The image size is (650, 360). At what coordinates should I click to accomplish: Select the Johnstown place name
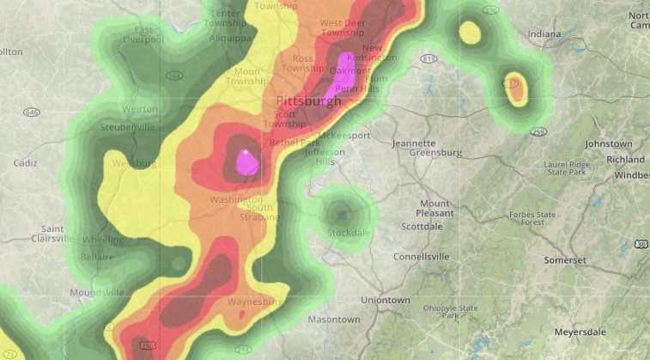(x=608, y=143)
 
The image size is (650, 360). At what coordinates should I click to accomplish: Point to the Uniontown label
(x=386, y=301)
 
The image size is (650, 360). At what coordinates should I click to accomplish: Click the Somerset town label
(x=565, y=259)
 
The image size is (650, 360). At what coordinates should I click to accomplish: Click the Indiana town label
(x=544, y=34)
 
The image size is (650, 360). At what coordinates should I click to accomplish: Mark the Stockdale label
(x=349, y=232)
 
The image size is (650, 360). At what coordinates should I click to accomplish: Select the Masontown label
(x=334, y=320)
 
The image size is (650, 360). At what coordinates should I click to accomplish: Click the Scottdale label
(x=422, y=227)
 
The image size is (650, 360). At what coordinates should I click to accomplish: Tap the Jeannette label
(x=414, y=143)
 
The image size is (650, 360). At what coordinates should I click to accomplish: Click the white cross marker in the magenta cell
(x=246, y=153)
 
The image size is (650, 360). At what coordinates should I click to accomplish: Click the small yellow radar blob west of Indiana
(x=469, y=34)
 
